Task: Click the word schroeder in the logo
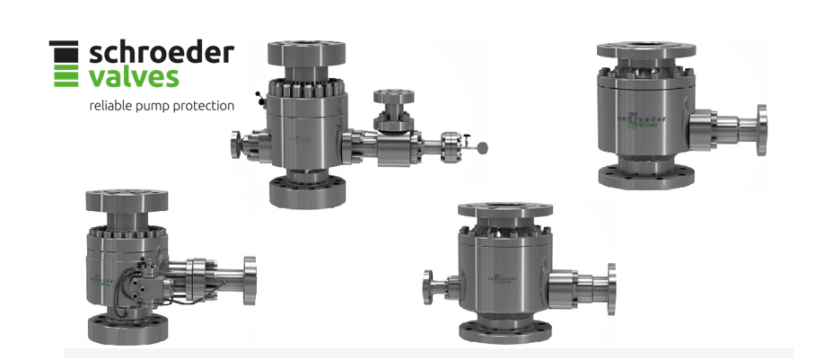[162, 53]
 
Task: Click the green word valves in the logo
[134, 77]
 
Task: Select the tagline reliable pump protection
[162, 106]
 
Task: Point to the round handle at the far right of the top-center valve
[484, 146]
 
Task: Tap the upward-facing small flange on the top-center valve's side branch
[392, 94]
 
